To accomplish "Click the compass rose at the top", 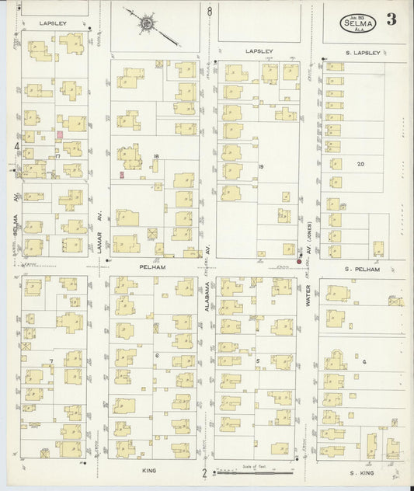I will pyautogui.click(x=148, y=23).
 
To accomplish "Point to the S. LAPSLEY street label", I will pyautogui.click(x=363, y=52).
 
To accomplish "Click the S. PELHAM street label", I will pyautogui.click(x=362, y=269).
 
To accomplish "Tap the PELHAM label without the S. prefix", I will pyautogui.click(x=154, y=266).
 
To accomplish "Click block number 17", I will pyautogui.click(x=57, y=156).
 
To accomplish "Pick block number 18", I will pyautogui.click(x=156, y=156).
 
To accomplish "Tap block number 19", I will pyautogui.click(x=261, y=166).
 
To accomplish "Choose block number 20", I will pyautogui.click(x=360, y=164).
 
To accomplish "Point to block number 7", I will pyautogui.click(x=51, y=361).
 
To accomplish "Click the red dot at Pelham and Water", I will pyautogui.click(x=299, y=262).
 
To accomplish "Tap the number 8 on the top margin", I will pyautogui.click(x=210, y=12).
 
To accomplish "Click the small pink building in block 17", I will pyautogui.click(x=59, y=135).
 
